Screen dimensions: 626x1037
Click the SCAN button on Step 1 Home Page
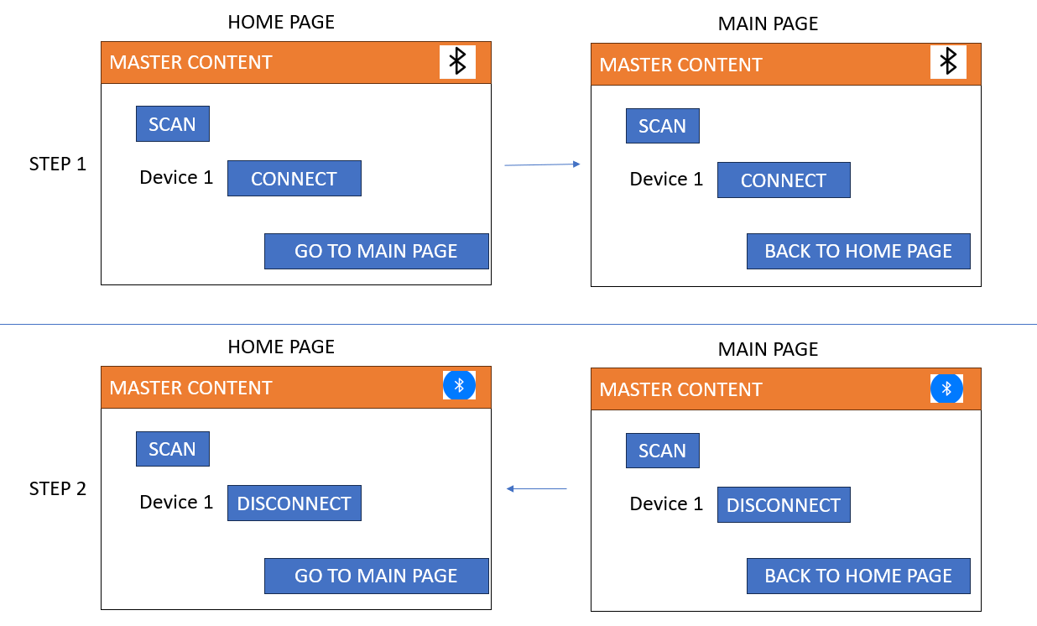coord(172,124)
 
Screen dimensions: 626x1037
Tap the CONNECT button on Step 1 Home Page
coord(294,179)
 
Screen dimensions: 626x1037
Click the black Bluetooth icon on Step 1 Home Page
coord(457,62)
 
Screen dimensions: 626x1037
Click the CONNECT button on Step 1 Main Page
coord(784,180)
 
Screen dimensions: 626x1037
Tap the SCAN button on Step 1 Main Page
coord(662,126)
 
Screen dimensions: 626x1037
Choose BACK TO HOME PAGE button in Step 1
coord(858,251)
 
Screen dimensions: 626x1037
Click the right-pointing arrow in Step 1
coord(542,165)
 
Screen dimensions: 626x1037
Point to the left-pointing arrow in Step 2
coord(537,488)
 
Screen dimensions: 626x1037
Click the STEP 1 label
coord(58,164)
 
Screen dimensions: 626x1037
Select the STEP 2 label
coord(58,488)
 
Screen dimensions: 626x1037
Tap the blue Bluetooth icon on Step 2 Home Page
coord(459,385)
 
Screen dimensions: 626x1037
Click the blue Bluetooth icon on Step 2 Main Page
coord(946,389)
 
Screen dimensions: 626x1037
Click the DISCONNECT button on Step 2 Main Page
coord(784,505)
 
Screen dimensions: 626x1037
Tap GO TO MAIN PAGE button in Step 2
coord(376,576)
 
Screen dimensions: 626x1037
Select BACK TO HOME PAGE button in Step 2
coord(858,576)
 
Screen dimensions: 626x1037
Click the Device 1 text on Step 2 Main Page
coord(666,503)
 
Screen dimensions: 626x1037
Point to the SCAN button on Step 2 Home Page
coord(172,449)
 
